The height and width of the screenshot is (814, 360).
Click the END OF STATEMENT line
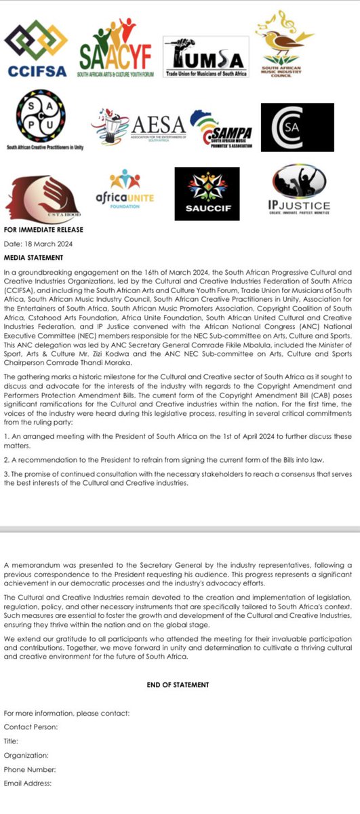click(178, 684)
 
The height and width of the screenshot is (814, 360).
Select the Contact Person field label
click(31, 726)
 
